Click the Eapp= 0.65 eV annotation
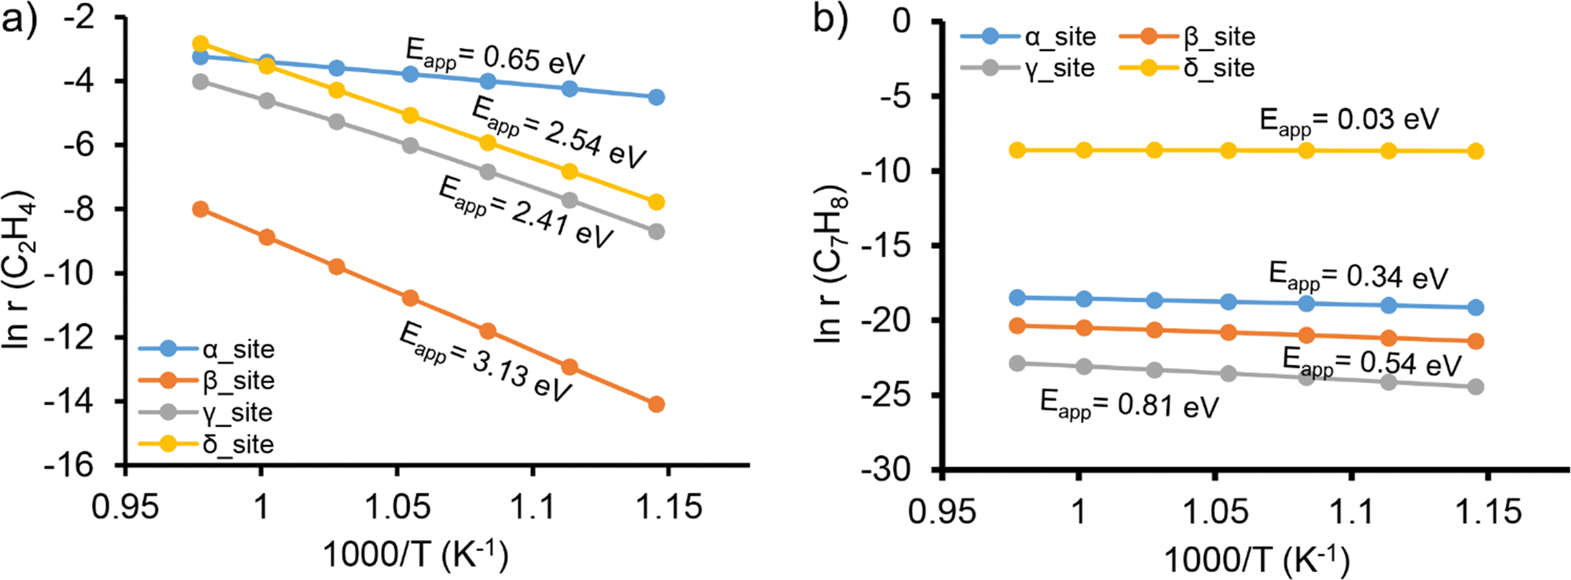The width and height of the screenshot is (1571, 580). click(x=495, y=56)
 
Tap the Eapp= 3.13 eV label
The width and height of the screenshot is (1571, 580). click(x=485, y=362)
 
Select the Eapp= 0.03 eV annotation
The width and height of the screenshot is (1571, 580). click(x=1349, y=120)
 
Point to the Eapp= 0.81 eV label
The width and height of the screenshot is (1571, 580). click(x=1129, y=405)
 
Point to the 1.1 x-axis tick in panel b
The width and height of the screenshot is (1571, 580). click(x=1352, y=512)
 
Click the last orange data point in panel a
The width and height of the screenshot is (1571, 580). click(x=656, y=404)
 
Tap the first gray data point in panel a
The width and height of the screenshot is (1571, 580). click(x=200, y=82)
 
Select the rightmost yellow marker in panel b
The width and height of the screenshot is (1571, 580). click(x=1475, y=151)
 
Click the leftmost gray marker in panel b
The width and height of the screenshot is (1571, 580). click(x=1017, y=363)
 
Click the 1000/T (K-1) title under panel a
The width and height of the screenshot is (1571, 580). click(x=416, y=555)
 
